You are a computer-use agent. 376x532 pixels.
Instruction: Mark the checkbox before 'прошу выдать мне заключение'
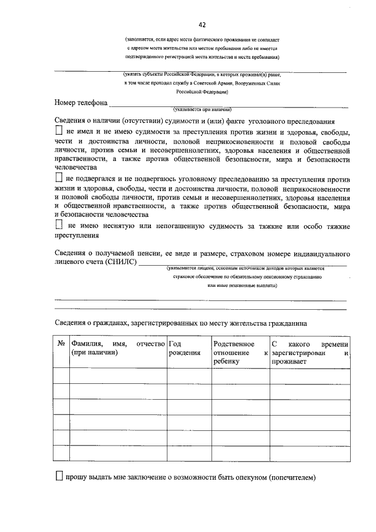59,477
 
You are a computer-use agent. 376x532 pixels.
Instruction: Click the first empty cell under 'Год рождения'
188,375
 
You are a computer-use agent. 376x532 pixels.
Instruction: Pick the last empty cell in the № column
61,453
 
